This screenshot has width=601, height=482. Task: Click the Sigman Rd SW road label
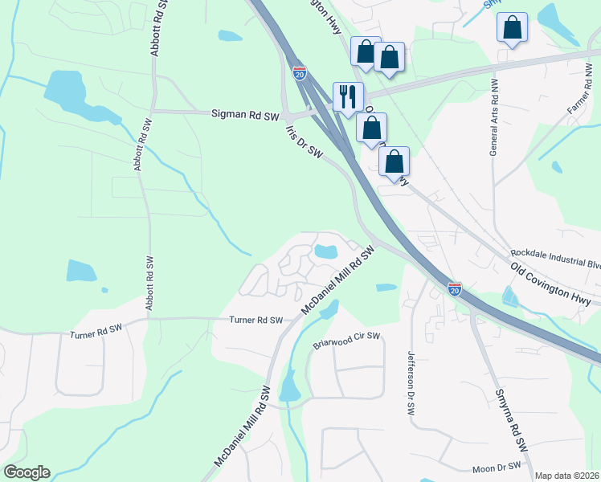[x=244, y=115]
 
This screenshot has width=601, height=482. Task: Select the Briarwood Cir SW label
[x=345, y=340]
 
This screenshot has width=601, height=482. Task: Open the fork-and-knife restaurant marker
[x=348, y=96]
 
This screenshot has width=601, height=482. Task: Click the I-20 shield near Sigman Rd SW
[x=299, y=73]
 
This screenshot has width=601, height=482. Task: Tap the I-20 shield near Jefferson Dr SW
[x=455, y=288]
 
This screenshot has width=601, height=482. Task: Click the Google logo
[x=27, y=472]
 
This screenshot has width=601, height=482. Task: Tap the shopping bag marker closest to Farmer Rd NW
[x=512, y=27]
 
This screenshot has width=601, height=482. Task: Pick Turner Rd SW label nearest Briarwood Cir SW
[x=256, y=320]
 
